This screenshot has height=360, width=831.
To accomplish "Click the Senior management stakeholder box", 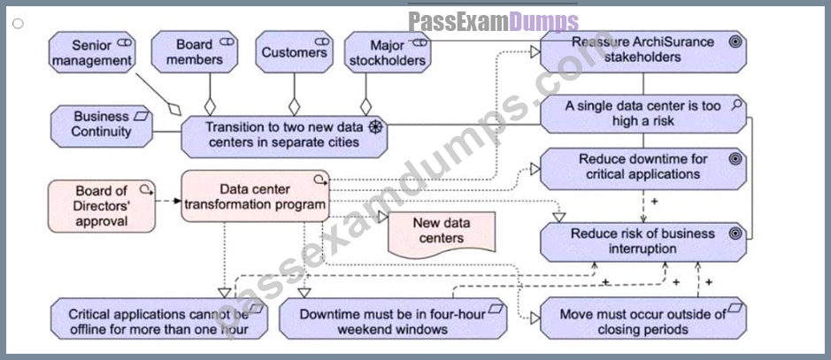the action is pos(92,52).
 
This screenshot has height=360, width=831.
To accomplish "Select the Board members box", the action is pos(194,52).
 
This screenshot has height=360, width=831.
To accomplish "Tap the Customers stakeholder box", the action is pos(294,52).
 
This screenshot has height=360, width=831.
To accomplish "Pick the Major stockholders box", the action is pos(388,52).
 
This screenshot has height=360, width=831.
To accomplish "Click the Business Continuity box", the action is pos(101,126).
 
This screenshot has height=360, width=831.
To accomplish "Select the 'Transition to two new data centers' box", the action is pos(284,136).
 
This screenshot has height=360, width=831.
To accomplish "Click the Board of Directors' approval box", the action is pos(102,206).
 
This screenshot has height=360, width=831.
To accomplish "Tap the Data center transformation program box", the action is pos(256,195).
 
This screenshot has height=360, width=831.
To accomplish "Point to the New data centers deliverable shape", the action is pos(442,234).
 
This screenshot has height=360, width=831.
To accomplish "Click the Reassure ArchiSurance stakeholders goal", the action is pos(643,51).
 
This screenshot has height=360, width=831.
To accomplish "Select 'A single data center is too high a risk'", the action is pos(643,114).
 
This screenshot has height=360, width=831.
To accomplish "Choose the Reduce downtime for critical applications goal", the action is pos(643,168).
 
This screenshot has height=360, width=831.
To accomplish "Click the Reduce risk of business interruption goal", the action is pos(643,242).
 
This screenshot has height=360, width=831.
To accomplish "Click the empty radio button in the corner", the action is pos(18,23).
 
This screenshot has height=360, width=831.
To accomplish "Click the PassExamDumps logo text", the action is pos(494,22).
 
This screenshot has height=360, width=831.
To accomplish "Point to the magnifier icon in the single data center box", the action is pos(736,104).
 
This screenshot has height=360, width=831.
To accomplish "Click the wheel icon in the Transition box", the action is pos(375,127).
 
